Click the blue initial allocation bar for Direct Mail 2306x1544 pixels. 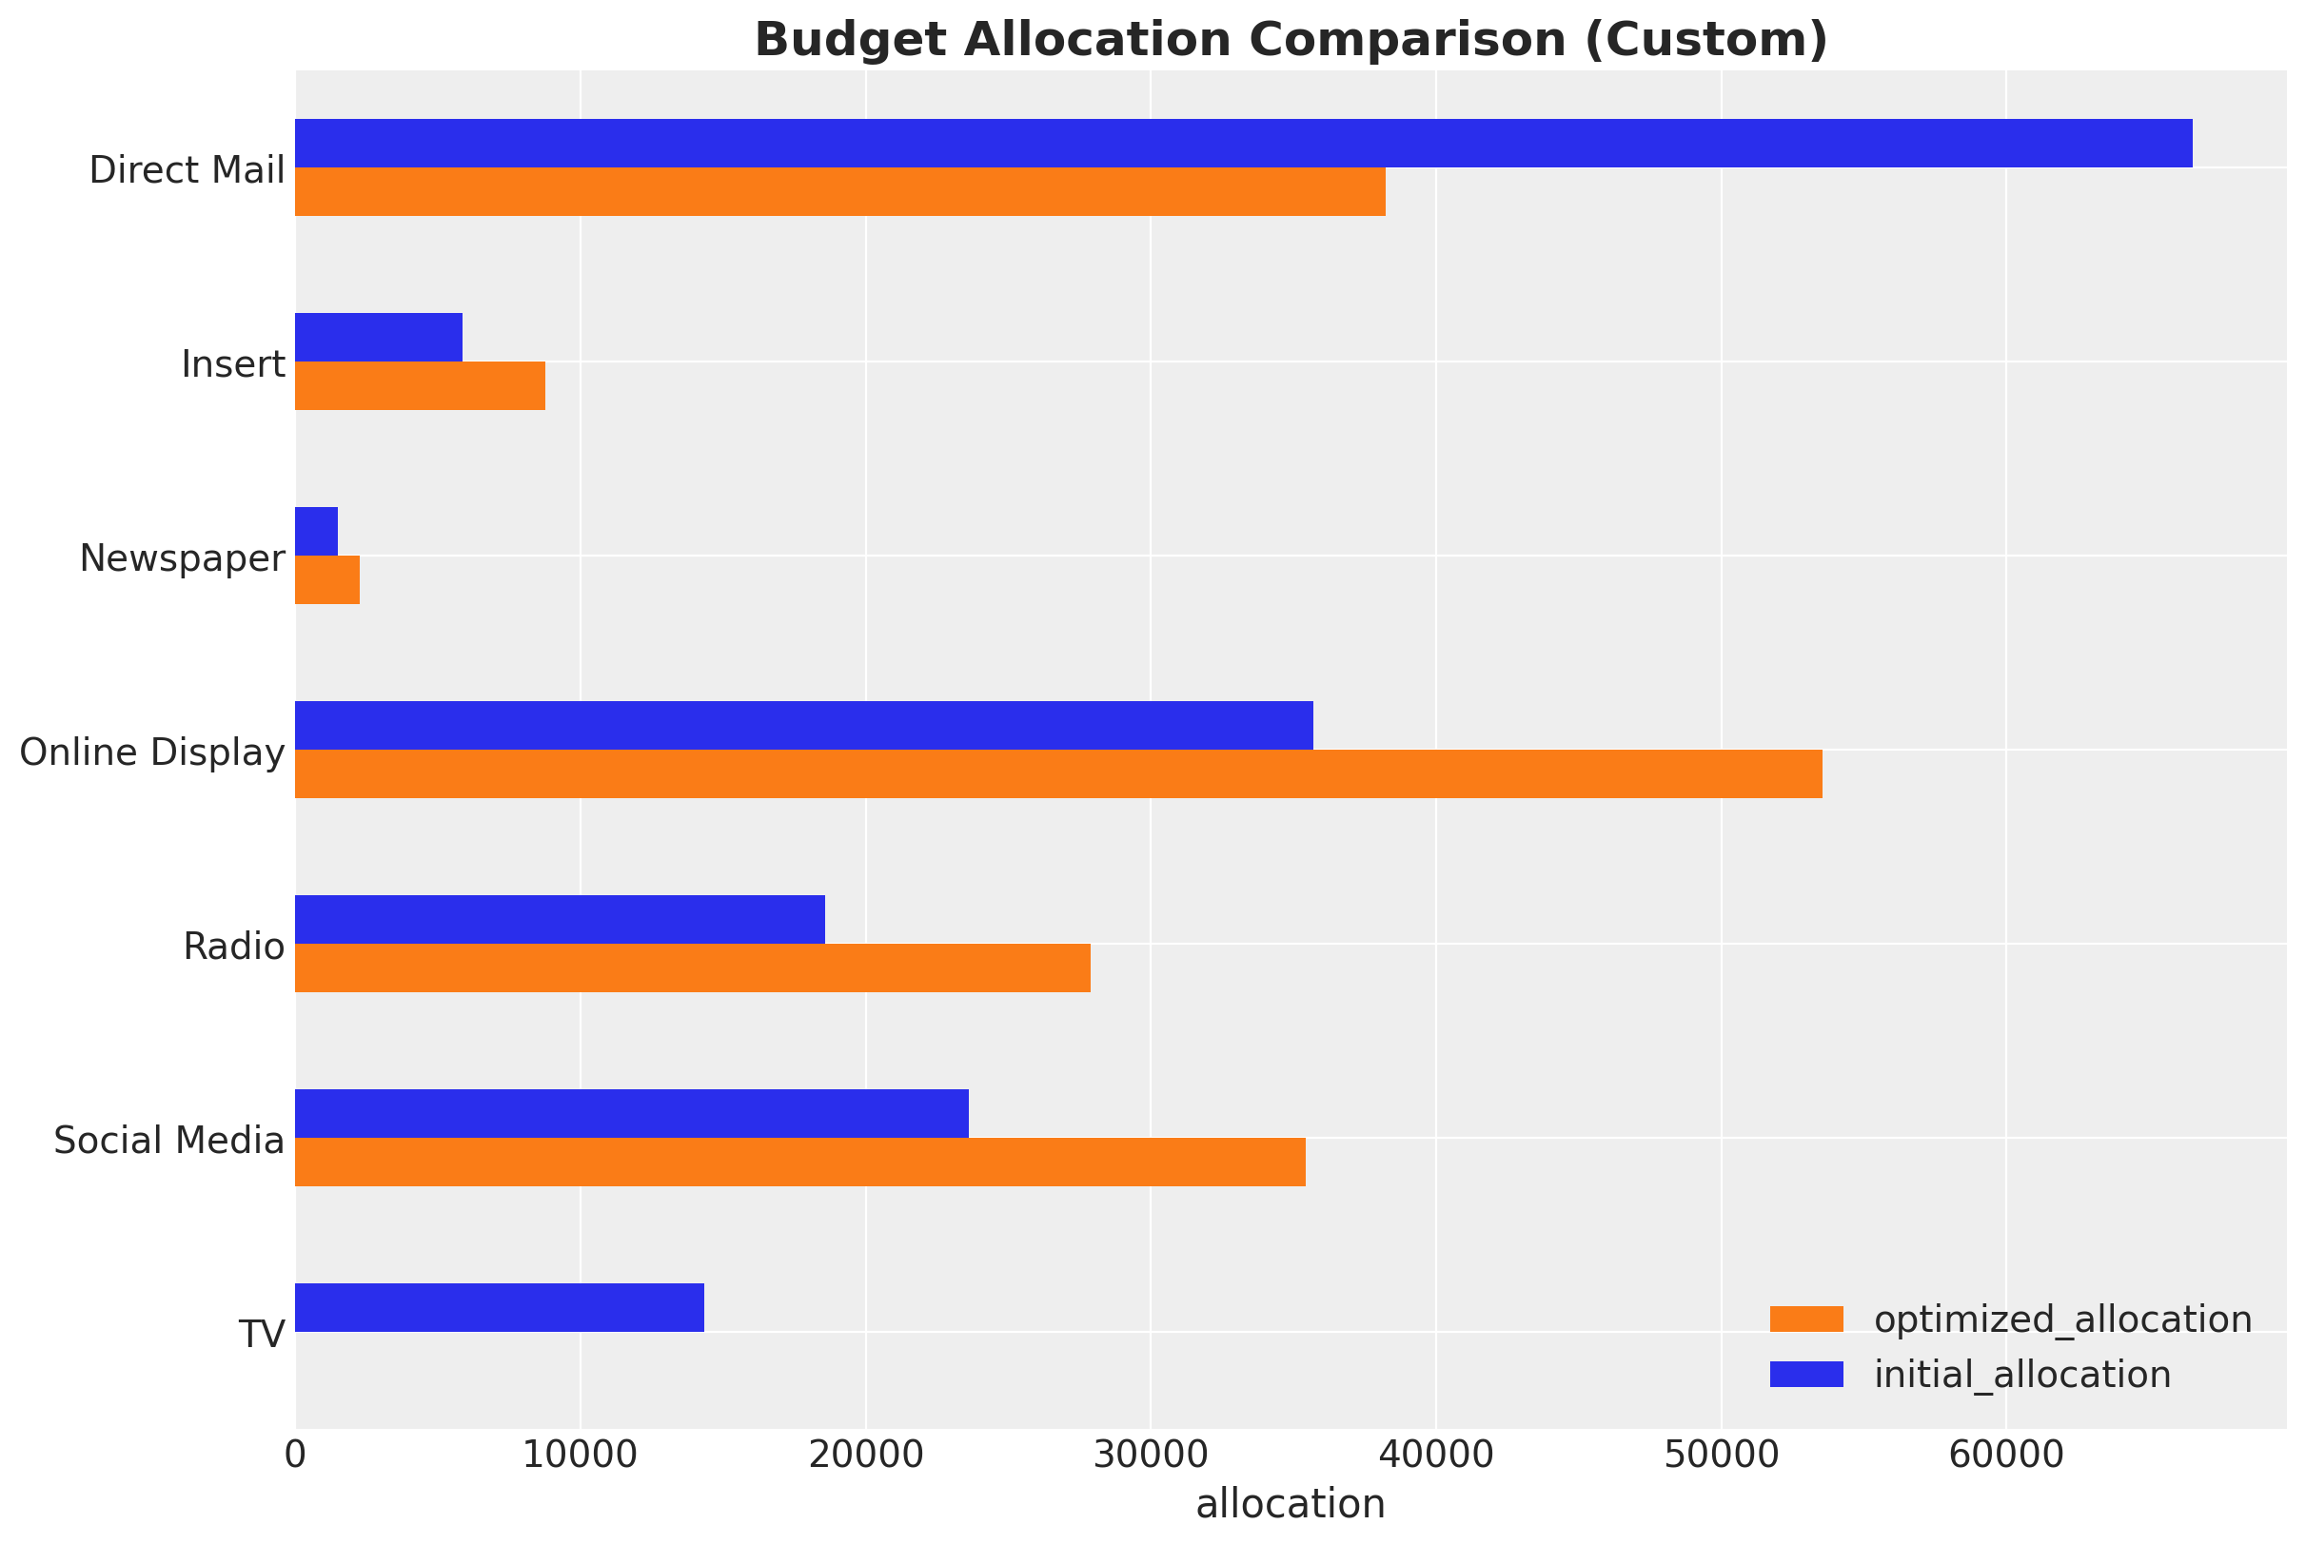[1243, 143]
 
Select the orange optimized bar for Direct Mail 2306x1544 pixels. [839, 191]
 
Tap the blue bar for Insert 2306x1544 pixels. [378, 337]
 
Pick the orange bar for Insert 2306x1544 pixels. [420, 385]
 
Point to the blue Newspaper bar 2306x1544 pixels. [316, 531]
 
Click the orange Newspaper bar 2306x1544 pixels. [327, 579]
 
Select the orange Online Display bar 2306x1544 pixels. [1058, 773]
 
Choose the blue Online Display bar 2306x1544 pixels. [804, 725]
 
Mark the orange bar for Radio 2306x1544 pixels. [693, 967]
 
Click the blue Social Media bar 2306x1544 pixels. [631, 1113]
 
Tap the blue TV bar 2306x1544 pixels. [500, 1307]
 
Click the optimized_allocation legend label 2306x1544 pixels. [2062, 1319]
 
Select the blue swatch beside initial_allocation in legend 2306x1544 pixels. [1805, 1374]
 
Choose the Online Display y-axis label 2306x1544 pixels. [152, 752]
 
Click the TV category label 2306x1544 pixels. [262, 1336]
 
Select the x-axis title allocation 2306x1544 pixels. [1290, 1505]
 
